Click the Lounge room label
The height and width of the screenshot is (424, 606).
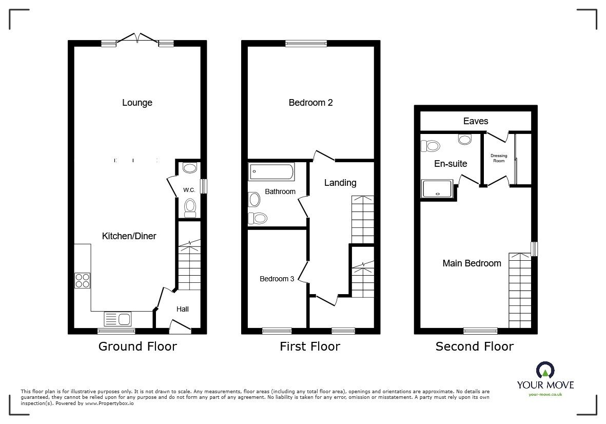(x=137, y=103)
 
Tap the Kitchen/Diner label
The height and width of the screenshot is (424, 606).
(x=129, y=236)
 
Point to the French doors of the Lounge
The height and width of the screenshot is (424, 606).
(x=137, y=39)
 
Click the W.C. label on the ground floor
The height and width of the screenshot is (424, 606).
(x=189, y=190)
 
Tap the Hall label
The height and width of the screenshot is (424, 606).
(x=182, y=309)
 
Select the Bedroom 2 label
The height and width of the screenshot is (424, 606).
(x=310, y=103)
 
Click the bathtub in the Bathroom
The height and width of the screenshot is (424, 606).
(x=271, y=172)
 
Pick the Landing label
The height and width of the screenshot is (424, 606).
(x=340, y=183)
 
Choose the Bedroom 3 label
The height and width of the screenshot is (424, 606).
(x=277, y=279)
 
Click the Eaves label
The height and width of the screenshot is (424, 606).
(x=476, y=121)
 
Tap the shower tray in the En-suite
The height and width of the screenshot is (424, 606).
(x=437, y=188)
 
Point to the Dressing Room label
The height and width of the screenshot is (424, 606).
(x=499, y=158)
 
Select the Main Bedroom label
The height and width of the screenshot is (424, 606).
(x=472, y=263)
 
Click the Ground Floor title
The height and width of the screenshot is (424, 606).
(x=138, y=346)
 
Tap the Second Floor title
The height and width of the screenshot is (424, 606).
(x=474, y=346)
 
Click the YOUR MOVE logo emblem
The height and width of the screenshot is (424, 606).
(x=545, y=370)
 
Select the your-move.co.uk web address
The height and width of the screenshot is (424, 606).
(x=545, y=394)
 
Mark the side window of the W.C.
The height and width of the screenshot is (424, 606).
(x=203, y=185)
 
